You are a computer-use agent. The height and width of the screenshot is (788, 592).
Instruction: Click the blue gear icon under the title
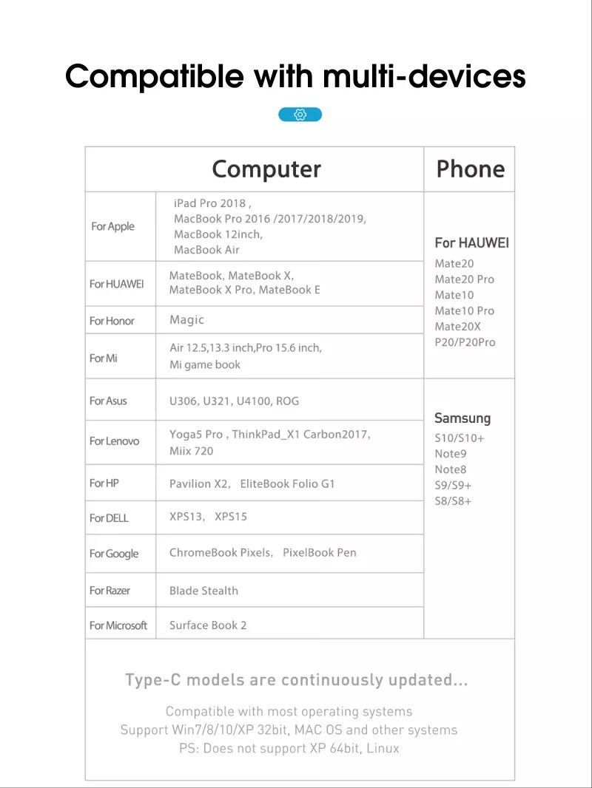point(300,115)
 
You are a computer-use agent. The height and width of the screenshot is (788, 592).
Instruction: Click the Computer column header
point(266,169)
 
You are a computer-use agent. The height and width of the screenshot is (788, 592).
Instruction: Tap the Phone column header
point(470,169)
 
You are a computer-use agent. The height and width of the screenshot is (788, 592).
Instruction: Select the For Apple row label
point(112,226)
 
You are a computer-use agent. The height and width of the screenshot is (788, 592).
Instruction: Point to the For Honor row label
point(112,321)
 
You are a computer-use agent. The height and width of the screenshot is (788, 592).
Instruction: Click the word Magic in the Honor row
point(186,320)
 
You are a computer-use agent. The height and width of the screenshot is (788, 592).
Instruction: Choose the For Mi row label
point(104,358)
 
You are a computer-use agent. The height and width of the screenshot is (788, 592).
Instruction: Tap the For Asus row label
point(108,401)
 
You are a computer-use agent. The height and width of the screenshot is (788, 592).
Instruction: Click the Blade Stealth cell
point(203,591)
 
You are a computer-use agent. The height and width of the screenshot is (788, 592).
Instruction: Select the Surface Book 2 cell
point(208,625)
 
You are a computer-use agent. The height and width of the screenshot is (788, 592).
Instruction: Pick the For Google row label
point(114,554)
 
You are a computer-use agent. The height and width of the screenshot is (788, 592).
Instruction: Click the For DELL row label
point(109,518)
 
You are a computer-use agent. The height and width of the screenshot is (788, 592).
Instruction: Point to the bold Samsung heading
point(462,418)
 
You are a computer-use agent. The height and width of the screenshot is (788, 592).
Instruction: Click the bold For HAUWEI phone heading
point(471,242)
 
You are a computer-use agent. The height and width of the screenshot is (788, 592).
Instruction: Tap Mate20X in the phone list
point(457,327)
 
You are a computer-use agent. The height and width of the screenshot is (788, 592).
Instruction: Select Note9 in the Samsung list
point(451,454)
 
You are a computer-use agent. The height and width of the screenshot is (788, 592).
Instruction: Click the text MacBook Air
point(206,250)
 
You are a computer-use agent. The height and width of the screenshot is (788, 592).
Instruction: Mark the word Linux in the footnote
point(382,748)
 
